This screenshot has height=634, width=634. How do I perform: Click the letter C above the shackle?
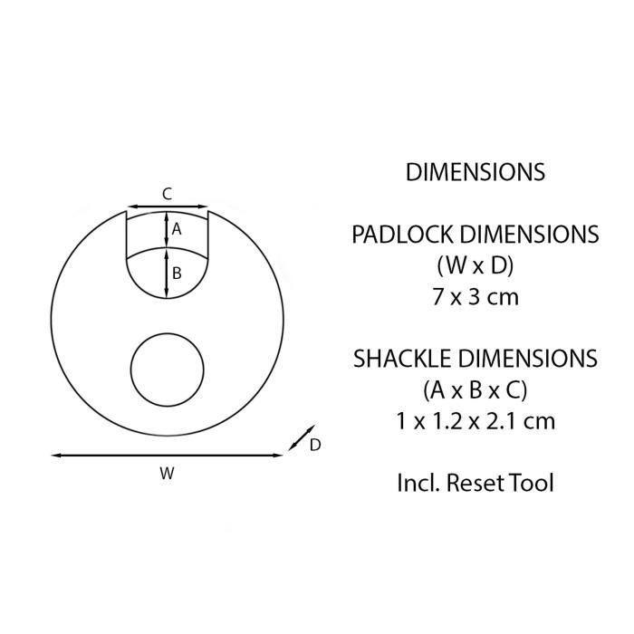tap(167, 193)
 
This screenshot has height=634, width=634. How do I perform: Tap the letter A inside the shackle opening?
tap(178, 230)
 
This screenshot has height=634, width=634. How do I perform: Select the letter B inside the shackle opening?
tap(178, 272)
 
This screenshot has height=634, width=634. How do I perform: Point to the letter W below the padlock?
tap(167, 472)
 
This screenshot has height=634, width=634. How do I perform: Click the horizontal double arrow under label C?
tap(167, 207)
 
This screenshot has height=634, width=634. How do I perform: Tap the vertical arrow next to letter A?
tap(167, 229)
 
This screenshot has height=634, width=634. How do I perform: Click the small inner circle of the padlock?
tap(168, 370)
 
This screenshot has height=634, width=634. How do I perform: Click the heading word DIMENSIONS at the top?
tap(475, 172)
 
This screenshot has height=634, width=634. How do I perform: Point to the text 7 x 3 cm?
tap(475, 296)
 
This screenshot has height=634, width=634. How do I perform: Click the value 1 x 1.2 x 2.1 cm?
tap(475, 420)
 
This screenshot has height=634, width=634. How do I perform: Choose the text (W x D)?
tap(475, 265)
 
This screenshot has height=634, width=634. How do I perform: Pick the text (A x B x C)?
tap(475, 389)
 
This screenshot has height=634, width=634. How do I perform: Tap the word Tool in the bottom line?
tap(533, 482)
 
